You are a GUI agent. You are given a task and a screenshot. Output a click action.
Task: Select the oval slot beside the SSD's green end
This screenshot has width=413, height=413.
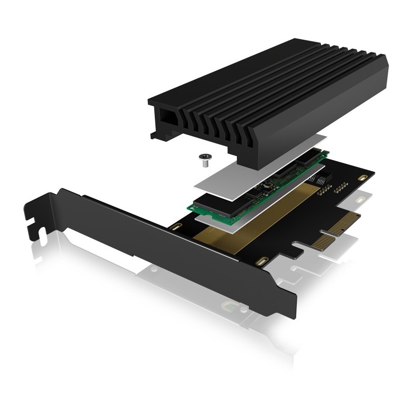point(177,228)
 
